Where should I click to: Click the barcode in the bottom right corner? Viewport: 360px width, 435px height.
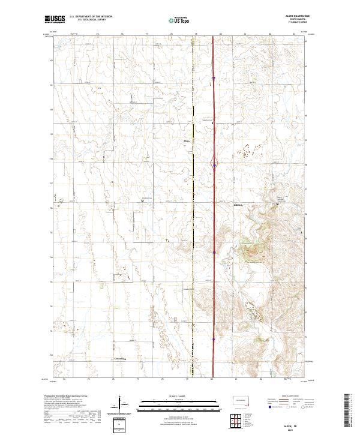tap(347, 410)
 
